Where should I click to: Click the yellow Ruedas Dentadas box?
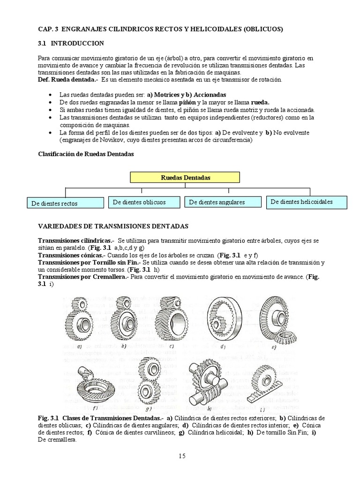185,178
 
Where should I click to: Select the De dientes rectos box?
65,203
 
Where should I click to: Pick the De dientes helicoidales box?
307,202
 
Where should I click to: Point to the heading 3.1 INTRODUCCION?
71,43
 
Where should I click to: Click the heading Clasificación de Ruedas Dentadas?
86,155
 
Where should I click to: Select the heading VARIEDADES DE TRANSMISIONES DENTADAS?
112,226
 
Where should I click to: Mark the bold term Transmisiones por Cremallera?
82,277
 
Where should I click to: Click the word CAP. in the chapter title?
46,29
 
